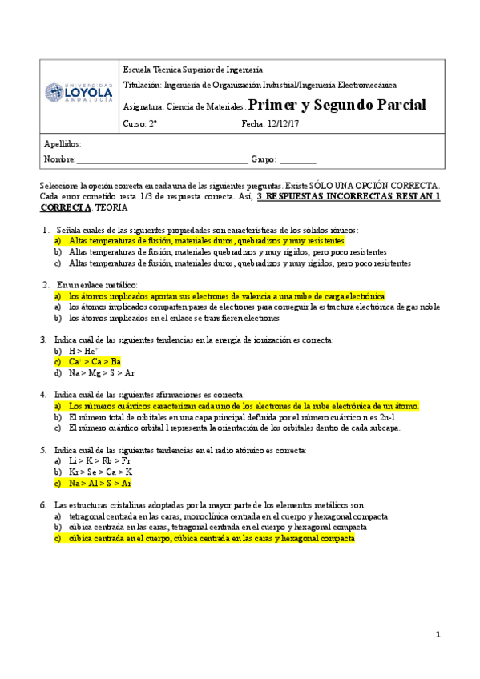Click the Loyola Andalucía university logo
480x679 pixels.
coord(78,92)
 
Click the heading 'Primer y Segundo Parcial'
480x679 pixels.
coord(337,105)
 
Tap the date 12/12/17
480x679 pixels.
coord(280,123)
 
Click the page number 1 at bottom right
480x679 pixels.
coord(438,635)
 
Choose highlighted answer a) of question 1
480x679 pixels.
coord(206,240)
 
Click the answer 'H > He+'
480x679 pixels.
coord(83,351)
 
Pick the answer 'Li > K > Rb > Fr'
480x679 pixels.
coord(99,462)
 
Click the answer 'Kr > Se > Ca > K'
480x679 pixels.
coord(100,473)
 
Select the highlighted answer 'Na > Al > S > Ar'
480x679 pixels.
coord(100,484)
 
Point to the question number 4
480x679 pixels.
coord(43,395)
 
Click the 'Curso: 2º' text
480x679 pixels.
coord(139,123)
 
